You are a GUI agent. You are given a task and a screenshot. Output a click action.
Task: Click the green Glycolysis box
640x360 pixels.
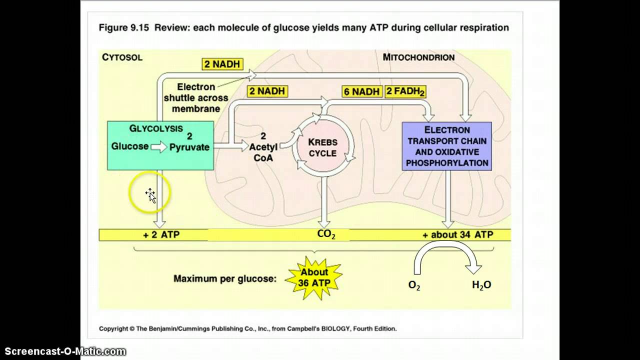point(160,145)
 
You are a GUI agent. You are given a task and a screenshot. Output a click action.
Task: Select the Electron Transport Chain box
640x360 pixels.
point(446,146)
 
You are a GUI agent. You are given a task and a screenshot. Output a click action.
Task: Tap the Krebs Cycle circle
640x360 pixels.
point(322,148)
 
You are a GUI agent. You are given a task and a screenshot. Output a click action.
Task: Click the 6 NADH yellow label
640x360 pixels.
point(362,91)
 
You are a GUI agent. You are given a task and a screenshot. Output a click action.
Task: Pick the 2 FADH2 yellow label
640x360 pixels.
point(405,91)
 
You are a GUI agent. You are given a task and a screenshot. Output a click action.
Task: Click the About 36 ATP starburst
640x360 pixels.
point(314,278)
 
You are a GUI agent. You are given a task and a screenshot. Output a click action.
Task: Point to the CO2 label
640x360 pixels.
point(326,234)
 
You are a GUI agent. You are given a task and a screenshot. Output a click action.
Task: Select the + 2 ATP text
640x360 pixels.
point(161,234)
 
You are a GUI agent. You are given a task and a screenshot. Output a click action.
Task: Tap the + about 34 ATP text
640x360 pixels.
point(458,234)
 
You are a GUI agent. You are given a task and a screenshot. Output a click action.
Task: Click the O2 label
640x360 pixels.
point(414,285)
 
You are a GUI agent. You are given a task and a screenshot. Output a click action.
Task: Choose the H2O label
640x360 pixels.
point(481,285)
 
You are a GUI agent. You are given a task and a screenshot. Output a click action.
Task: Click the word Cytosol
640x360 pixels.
point(122,57)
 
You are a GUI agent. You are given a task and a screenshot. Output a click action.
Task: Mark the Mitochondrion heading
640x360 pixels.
point(418,57)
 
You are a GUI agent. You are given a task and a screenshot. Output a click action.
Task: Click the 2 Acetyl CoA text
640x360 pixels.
point(263,147)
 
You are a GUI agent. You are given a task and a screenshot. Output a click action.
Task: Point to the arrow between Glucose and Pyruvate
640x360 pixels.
point(159,147)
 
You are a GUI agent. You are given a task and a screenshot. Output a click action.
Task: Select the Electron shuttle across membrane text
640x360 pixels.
point(196,97)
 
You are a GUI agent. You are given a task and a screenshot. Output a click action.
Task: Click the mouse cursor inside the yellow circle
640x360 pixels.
point(151,195)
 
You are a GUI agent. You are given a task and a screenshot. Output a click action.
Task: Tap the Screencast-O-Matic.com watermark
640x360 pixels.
point(63,352)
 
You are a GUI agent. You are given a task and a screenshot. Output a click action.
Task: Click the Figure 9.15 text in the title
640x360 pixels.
point(124,27)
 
